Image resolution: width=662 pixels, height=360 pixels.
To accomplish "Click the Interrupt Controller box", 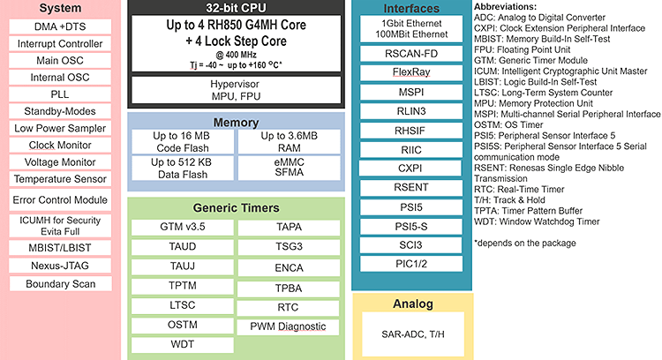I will pos(60,43).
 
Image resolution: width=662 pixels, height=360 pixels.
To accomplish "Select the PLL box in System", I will pos(60,94).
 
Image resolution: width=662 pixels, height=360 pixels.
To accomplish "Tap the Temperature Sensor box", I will pos(60,178).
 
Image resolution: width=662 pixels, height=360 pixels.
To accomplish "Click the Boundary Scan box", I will pos(60,283).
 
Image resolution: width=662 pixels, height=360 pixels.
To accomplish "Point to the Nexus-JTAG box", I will pos(60,263).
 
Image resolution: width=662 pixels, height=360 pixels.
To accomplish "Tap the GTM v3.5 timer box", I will pos(183,226).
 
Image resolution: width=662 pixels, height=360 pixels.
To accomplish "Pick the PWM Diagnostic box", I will pos(288,326).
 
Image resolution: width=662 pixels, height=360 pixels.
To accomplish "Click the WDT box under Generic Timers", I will pos(183,344).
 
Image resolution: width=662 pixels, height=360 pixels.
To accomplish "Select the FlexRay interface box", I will pos(410,73).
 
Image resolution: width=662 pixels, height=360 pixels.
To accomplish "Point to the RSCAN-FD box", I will pos(410,53).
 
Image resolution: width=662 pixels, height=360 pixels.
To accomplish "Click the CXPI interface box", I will pos(410,167).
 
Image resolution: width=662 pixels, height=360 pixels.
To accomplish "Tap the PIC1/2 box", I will pos(410,263).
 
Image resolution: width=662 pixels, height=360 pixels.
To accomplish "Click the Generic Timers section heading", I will pos(234,208).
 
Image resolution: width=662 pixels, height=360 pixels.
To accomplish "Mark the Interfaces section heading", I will pos(410,8).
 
